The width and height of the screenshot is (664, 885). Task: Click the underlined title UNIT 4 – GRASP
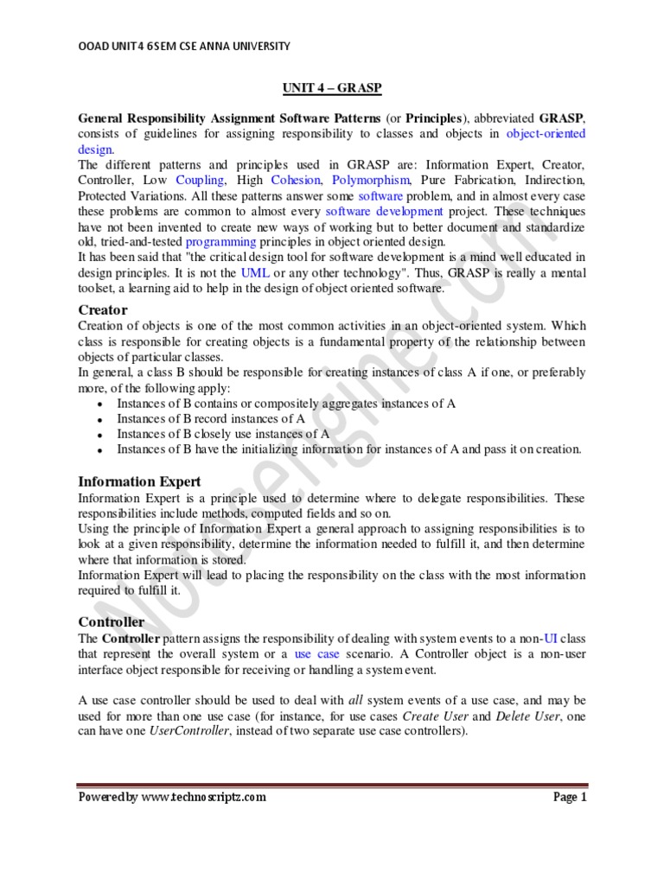tap(331, 88)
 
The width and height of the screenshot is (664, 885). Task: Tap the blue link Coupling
tap(200, 180)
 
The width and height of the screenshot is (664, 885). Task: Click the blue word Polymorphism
tap(372, 180)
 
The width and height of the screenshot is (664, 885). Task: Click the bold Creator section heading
tap(103, 309)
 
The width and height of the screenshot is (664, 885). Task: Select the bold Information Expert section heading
tap(139, 481)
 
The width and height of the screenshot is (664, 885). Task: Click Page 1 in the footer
tap(570, 797)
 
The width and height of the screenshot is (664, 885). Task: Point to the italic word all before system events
tap(356, 699)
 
